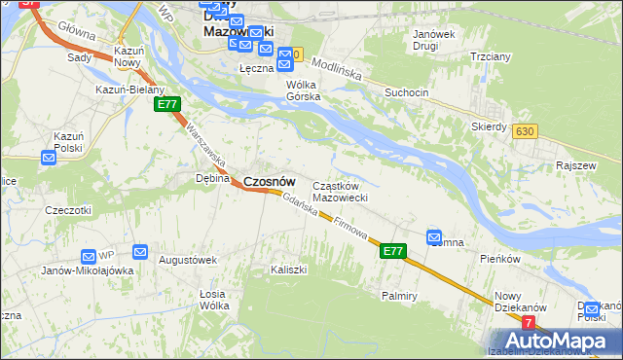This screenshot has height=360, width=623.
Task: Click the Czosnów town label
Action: (x=269, y=181)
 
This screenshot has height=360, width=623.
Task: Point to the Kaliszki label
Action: (x=290, y=269)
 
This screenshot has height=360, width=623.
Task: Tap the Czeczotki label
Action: (x=68, y=210)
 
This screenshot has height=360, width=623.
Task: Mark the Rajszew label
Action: (x=575, y=165)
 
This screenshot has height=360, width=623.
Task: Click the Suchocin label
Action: (x=406, y=93)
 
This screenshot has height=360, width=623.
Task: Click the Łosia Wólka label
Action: (x=213, y=300)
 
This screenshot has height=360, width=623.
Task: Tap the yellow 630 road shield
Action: (x=527, y=131)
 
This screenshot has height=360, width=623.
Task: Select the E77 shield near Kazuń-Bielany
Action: (x=166, y=104)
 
